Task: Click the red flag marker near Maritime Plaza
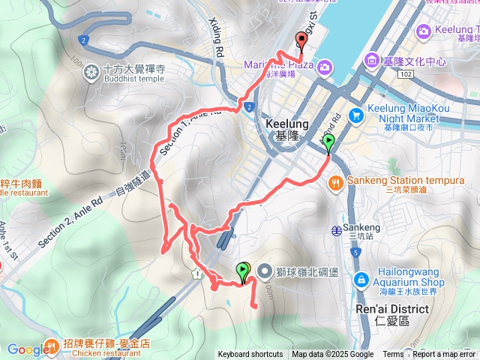(x=301, y=41)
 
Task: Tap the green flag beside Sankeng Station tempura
(x=328, y=142)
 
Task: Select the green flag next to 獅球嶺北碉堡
(x=243, y=271)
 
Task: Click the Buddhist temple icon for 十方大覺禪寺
(x=91, y=72)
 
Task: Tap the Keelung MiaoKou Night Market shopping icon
(x=356, y=115)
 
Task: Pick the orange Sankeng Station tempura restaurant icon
(x=335, y=181)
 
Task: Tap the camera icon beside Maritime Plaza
(x=324, y=67)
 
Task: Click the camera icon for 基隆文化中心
(x=372, y=60)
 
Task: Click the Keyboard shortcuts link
(x=250, y=355)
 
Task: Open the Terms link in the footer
(x=393, y=355)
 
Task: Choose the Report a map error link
(x=443, y=355)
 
